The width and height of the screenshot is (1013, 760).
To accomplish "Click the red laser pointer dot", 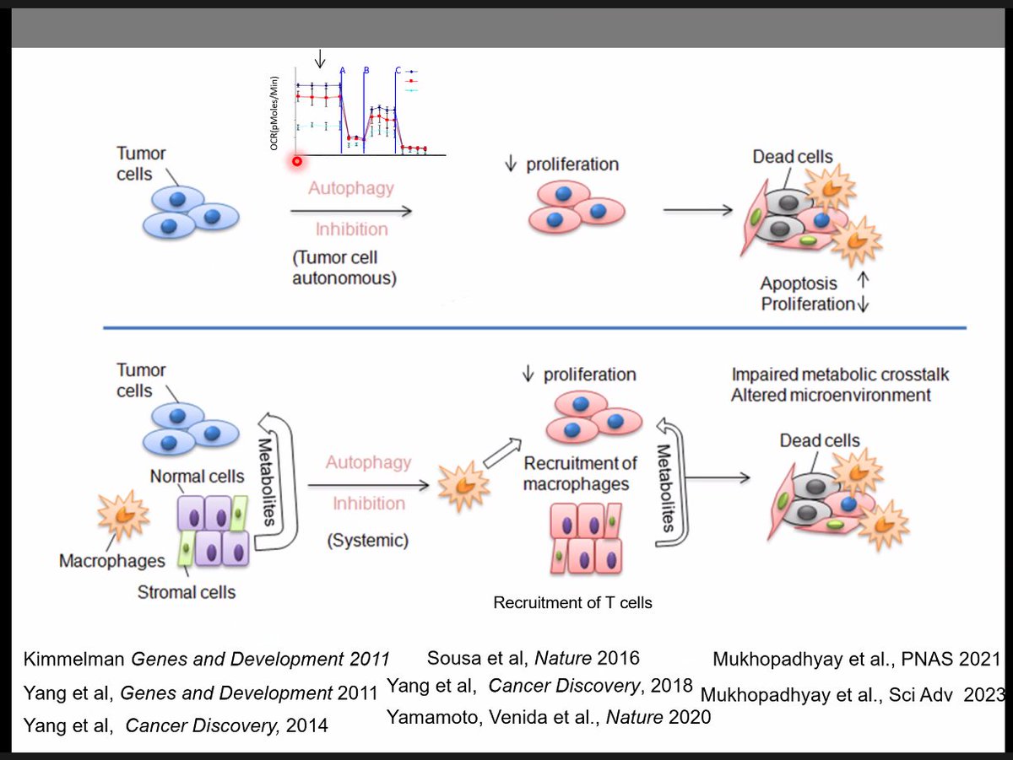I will point(297,161).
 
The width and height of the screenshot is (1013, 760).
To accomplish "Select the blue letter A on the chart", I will point(343,71).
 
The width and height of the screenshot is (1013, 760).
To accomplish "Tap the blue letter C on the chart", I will point(398,71).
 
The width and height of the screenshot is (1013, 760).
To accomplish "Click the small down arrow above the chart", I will point(319,58).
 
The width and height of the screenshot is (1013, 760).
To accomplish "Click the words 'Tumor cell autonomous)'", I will point(344,268).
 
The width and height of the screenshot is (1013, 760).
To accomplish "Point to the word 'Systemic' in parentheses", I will point(367,541).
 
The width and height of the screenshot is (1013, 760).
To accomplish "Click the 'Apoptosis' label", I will point(798,283).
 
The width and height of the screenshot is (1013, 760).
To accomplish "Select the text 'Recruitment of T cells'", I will point(572,602).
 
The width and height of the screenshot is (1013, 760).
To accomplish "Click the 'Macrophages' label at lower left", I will point(112,561).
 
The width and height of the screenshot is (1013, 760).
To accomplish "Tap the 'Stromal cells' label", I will point(187,592).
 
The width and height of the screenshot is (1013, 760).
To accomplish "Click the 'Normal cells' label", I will point(197,477).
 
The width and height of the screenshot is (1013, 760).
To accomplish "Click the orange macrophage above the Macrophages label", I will point(124,515).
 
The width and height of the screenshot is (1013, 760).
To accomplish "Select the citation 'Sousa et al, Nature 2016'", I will point(534,658).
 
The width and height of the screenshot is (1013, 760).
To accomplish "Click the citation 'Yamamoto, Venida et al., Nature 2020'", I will point(549,717).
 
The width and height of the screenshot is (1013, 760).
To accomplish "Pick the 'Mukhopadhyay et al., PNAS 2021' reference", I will point(856,660).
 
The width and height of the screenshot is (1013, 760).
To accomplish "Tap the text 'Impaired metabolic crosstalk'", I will point(840,375).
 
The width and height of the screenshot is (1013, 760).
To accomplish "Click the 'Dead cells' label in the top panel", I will point(792,157).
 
